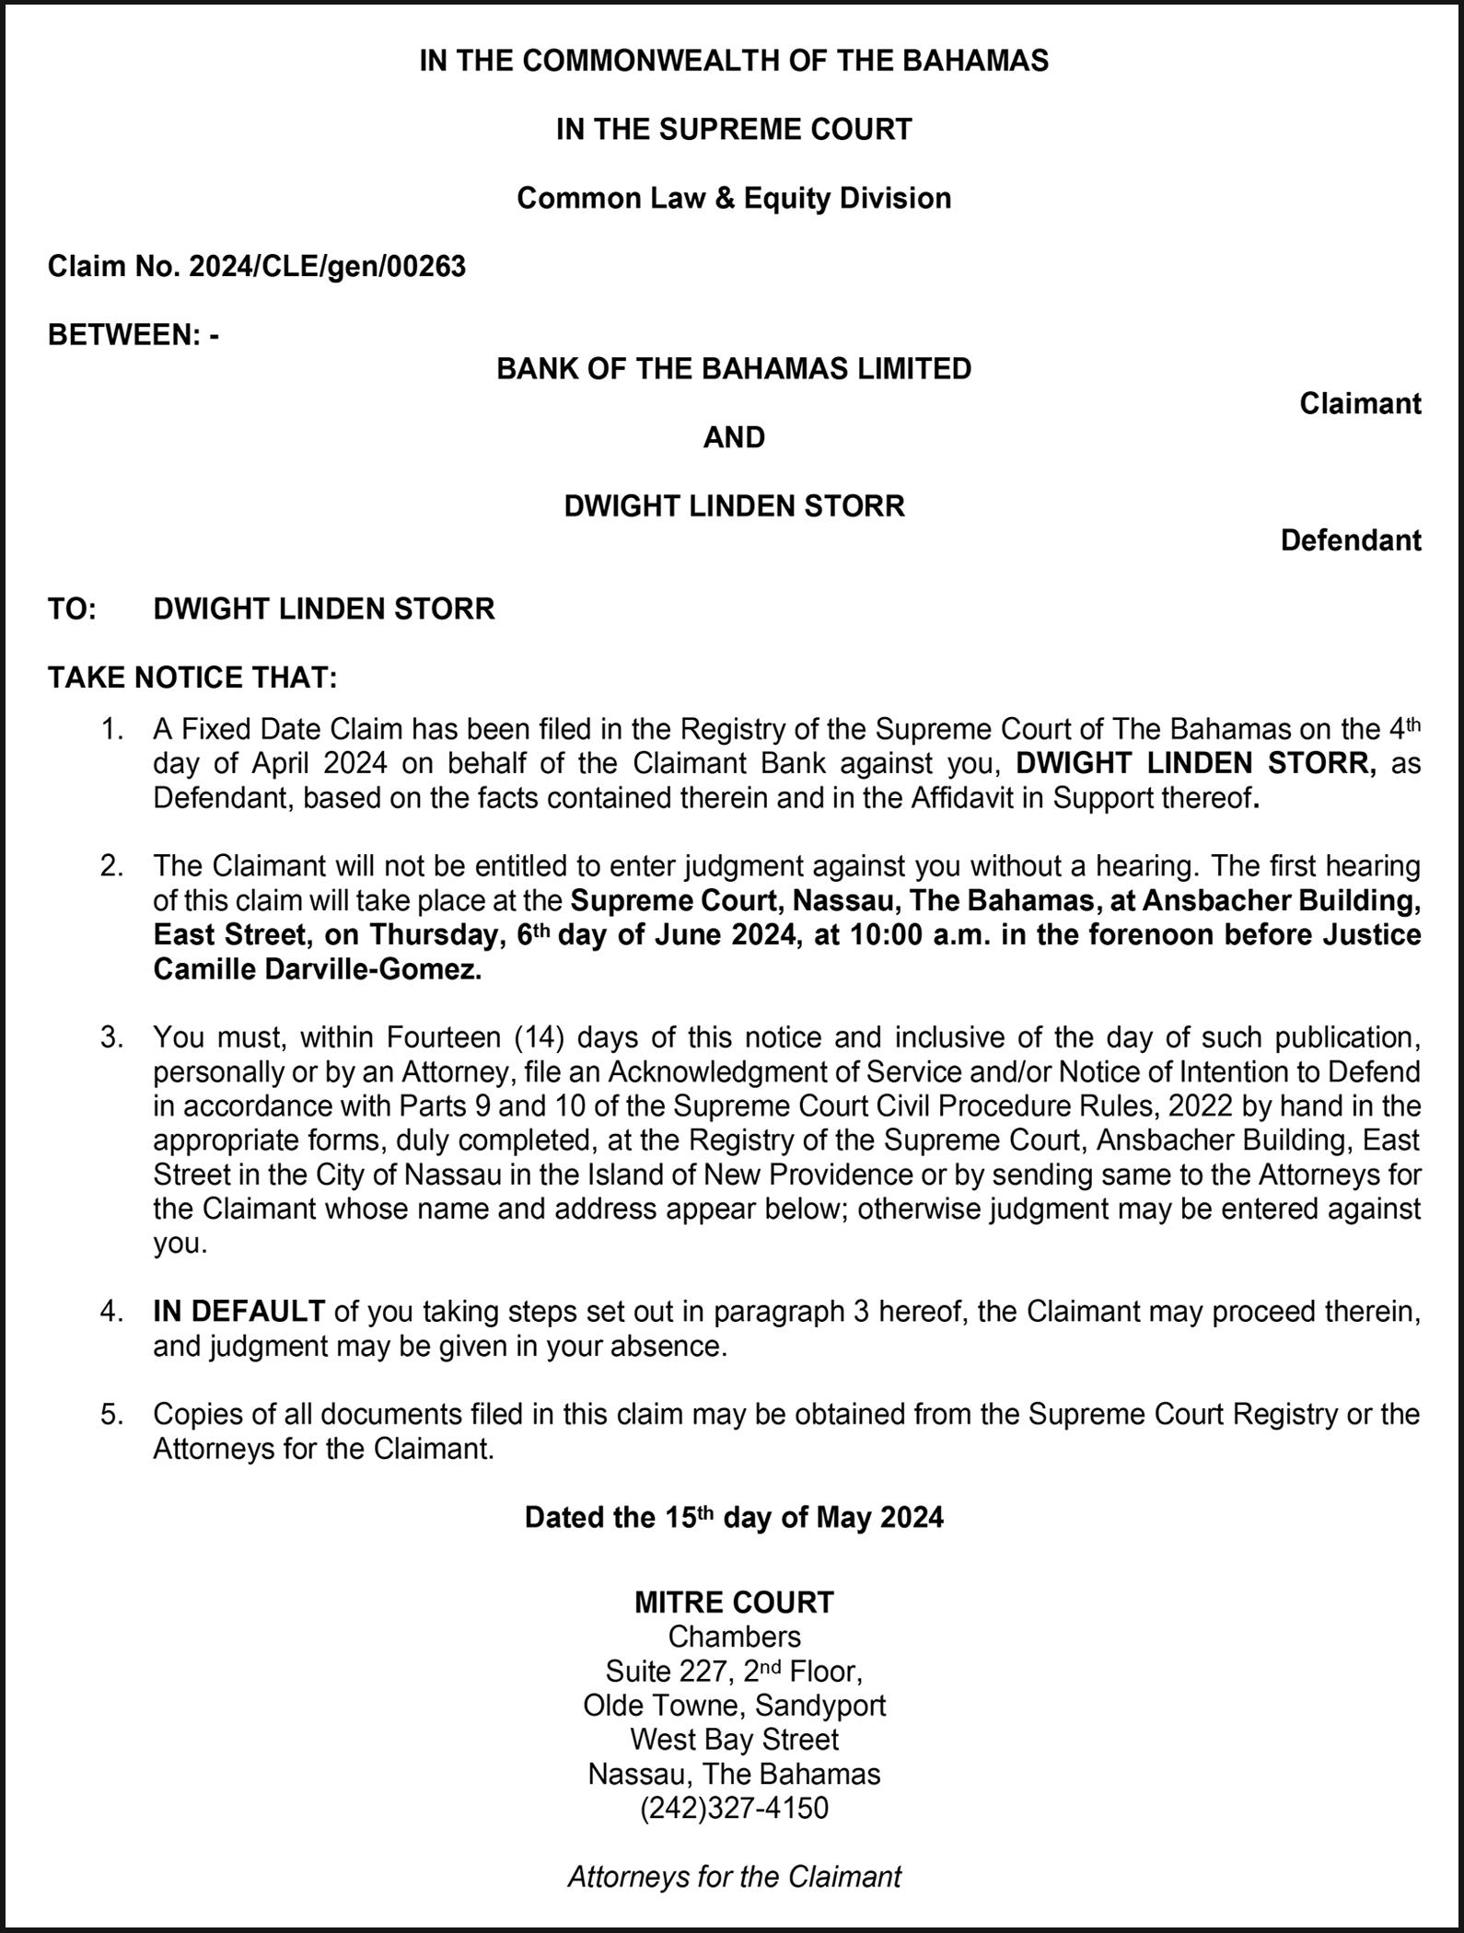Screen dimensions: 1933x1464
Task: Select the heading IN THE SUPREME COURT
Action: [x=734, y=130]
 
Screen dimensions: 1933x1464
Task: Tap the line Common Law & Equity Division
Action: [x=734, y=199]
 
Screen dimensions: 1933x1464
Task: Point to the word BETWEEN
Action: [x=123, y=335]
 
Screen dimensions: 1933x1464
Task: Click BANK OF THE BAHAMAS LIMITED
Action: [x=734, y=369]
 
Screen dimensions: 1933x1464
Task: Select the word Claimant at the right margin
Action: [x=1360, y=403]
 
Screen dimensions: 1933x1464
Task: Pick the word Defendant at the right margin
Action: [x=1351, y=540]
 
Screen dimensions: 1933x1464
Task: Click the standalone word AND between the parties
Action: [x=734, y=437]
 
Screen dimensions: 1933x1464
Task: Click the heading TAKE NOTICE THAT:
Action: [x=192, y=678]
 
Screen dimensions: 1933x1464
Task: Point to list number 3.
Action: [x=111, y=1037]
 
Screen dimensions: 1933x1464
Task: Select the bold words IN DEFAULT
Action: [x=238, y=1311]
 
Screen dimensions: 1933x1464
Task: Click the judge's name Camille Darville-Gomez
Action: [x=317, y=969]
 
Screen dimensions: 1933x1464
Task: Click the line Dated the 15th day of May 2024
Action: [x=734, y=1517]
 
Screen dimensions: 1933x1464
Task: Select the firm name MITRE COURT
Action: [x=734, y=1603]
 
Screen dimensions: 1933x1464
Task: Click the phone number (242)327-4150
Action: [x=734, y=1809]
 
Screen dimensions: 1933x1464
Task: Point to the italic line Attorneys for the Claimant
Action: [x=734, y=1876]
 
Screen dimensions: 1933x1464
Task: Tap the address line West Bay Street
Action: [x=734, y=1740]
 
